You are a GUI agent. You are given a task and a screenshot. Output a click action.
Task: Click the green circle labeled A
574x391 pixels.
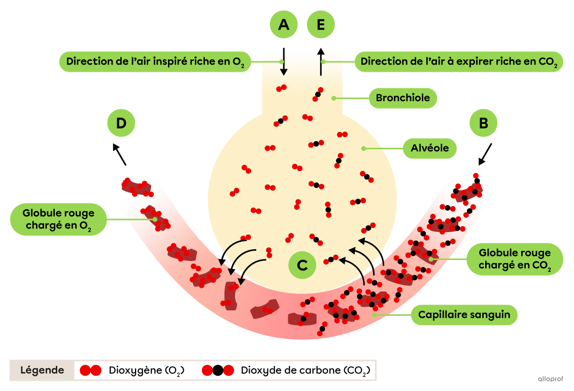[283, 24]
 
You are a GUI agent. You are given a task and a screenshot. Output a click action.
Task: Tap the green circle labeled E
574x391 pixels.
[321, 24]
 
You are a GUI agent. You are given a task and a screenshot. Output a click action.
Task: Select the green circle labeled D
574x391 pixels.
[121, 123]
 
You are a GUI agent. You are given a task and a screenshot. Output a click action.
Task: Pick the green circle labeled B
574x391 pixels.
[483, 123]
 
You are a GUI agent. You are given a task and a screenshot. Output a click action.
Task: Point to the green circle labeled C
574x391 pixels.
[302, 265]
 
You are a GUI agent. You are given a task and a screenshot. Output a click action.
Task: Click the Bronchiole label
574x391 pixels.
[403, 98]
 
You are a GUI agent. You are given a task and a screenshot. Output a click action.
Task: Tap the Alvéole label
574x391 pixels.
[429, 149]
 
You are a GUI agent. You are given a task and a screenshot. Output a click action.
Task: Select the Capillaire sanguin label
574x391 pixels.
[464, 315]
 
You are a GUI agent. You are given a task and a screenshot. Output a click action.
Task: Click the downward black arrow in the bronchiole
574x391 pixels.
[283, 63]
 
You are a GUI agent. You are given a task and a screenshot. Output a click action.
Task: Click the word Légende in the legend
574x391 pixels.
[42, 370]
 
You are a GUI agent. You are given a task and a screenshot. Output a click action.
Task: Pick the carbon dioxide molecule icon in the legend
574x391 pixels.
[218, 370]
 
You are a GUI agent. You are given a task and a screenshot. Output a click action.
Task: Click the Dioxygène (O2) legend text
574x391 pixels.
[146, 370]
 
